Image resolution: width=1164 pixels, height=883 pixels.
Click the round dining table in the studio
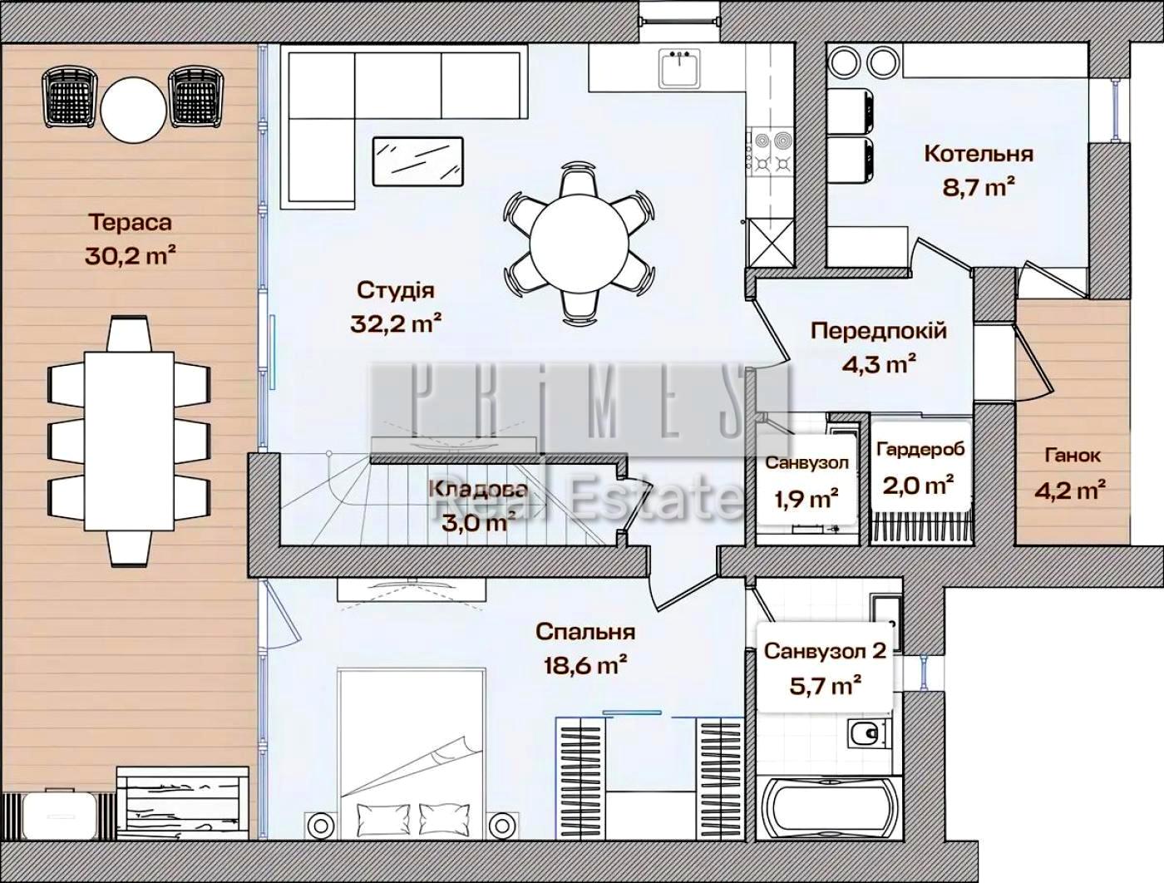pyautogui.click(x=580, y=244)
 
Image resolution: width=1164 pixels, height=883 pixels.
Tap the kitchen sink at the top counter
pyautogui.click(x=679, y=67)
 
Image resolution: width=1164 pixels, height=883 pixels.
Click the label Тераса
pyautogui.click(x=131, y=223)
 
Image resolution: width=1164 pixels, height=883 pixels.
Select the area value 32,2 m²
pyautogui.click(x=395, y=323)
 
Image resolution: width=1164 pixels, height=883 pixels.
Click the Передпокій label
pyautogui.click(x=879, y=331)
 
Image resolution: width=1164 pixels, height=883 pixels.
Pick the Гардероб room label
pyautogui.click(x=920, y=450)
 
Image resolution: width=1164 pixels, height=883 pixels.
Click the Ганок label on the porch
pyautogui.click(x=1073, y=455)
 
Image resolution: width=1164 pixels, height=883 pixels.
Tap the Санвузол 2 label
pyautogui.click(x=825, y=650)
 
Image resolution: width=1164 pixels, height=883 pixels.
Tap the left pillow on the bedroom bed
pyautogui.click(x=375, y=813)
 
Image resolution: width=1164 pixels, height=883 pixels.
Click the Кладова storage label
pyautogui.click(x=478, y=490)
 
